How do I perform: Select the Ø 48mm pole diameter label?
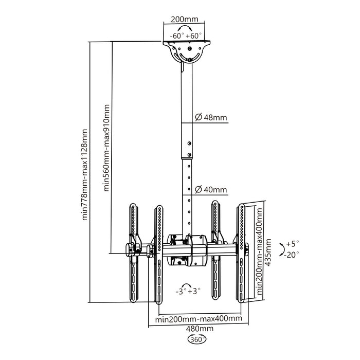point(211,118)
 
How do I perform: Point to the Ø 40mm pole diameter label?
point(211,190)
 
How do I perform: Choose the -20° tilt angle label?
point(292,254)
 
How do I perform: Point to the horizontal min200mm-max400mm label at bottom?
point(198,319)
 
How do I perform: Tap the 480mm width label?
point(198,329)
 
